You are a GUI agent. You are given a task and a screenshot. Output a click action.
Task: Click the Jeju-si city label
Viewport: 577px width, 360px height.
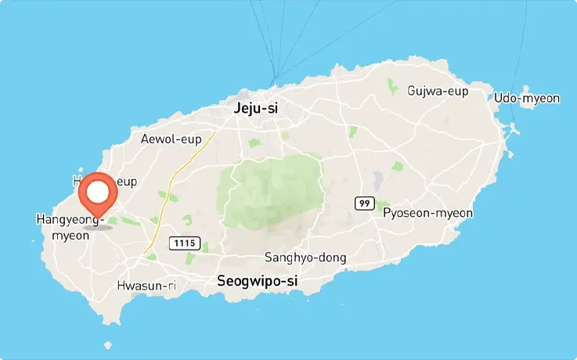coord(256,110)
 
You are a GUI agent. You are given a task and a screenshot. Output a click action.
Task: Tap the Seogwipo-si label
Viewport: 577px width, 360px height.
coord(257,280)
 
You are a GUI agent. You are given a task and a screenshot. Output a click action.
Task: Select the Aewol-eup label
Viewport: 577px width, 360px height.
coord(166,139)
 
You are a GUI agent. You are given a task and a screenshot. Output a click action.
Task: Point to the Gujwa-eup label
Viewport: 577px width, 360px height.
coord(438,91)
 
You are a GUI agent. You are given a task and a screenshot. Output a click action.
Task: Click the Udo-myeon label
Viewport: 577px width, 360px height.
coord(527,98)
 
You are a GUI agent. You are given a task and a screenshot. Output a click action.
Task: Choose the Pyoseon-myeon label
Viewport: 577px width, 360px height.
coord(427,213)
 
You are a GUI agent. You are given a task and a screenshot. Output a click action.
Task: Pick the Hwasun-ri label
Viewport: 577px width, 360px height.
coord(146,286)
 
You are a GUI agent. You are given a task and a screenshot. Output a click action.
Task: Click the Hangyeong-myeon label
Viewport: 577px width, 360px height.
coord(70,227)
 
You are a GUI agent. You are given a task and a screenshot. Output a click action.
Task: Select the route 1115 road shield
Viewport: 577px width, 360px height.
coord(186,243)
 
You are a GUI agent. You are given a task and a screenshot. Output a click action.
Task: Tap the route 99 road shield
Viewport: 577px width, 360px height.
coord(364,203)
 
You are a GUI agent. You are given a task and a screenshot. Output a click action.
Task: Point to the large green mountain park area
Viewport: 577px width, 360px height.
coord(274,188)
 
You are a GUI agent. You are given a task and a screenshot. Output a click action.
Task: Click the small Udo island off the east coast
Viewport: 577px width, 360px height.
coord(513,138)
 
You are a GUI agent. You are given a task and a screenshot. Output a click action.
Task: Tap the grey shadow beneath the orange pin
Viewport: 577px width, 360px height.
coord(98,226)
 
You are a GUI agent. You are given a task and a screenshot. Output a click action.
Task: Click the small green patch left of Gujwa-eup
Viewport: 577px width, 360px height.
coord(392,85)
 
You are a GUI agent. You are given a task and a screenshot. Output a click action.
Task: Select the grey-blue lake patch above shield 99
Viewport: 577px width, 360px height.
coord(379,181)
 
